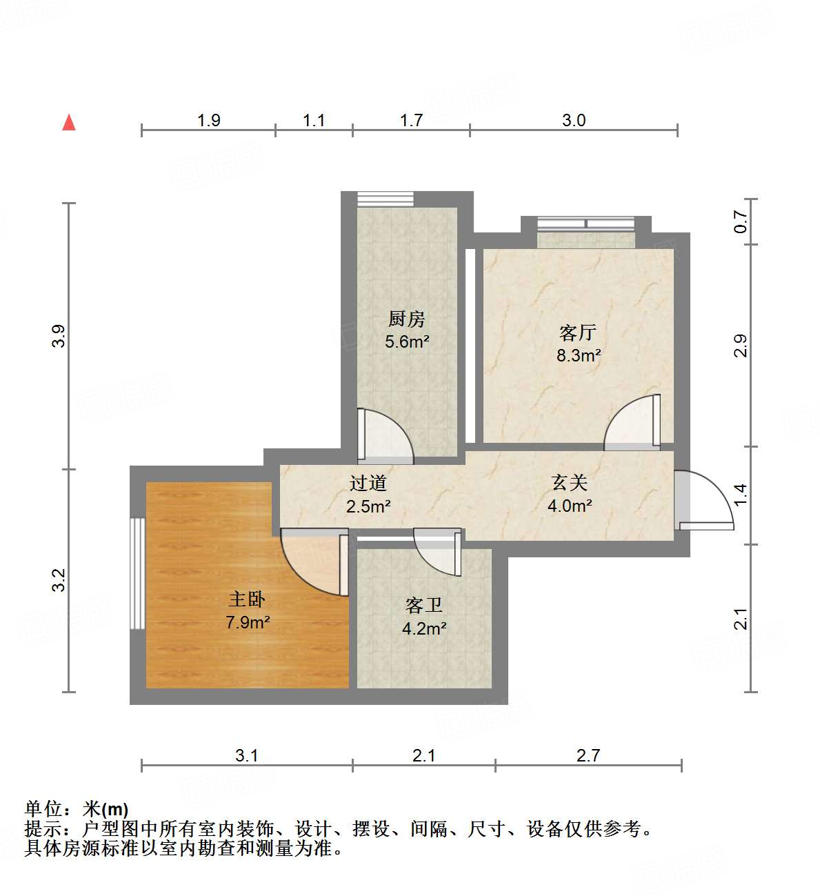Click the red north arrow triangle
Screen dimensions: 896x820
pyautogui.click(x=69, y=123)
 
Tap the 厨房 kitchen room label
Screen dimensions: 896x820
pyautogui.click(x=406, y=319)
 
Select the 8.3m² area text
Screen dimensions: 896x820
pyautogui.click(x=579, y=356)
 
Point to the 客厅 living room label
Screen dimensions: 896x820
pyautogui.click(x=578, y=332)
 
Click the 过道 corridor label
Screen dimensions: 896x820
pyautogui.click(x=368, y=483)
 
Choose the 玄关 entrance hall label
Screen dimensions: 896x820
pyautogui.click(x=569, y=482)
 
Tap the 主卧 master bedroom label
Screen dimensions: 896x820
pyautogui.click(x=247, y=598)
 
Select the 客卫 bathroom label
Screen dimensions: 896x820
pyautogui.click(x=423, y=605)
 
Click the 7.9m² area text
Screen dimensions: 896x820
pyautogui.click(x=248, y=622)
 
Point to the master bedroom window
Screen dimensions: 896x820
pyautogui.click(x=138, y=573)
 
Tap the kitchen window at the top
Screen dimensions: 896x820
pyautogui.click(x=385, y=199)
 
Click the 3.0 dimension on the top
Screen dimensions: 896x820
pyautogui.click(x=573, y=121)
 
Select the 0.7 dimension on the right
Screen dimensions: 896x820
pyautogui.click(x=741, y=221)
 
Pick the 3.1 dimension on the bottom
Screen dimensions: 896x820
pyautogui.click(x=246, y=755)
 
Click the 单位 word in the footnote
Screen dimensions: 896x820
pyautogui.click(x=43, y=808)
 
